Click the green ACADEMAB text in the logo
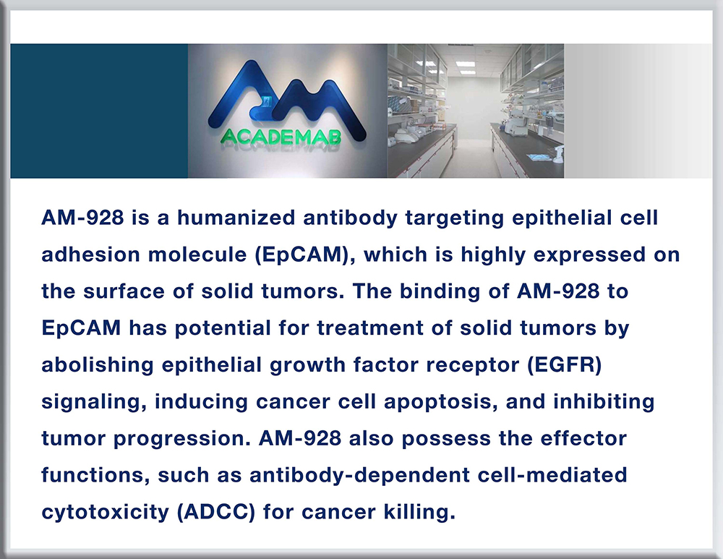[x=281, y=137]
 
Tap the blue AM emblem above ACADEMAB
[x=287, y=100]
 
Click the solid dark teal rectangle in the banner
[x=99, y=111]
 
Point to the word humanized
[x=236, y=218]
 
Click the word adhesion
[x=90, y=255]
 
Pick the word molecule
[x=197, y=255]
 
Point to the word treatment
[x=370, y=328]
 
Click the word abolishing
[x=98, y=364]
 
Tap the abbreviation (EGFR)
[x=565, y=364]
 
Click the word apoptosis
[x=441, y=403]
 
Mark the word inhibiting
[x=604, y=403]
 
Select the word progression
[x=182, y=440]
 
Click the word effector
[x=583, y=438]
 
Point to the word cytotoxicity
[x=105, y=513]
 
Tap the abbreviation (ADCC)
[x=216, y=512]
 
